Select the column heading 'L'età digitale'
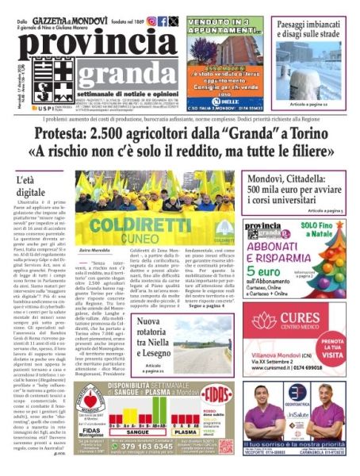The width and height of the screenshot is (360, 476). (32, 186)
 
